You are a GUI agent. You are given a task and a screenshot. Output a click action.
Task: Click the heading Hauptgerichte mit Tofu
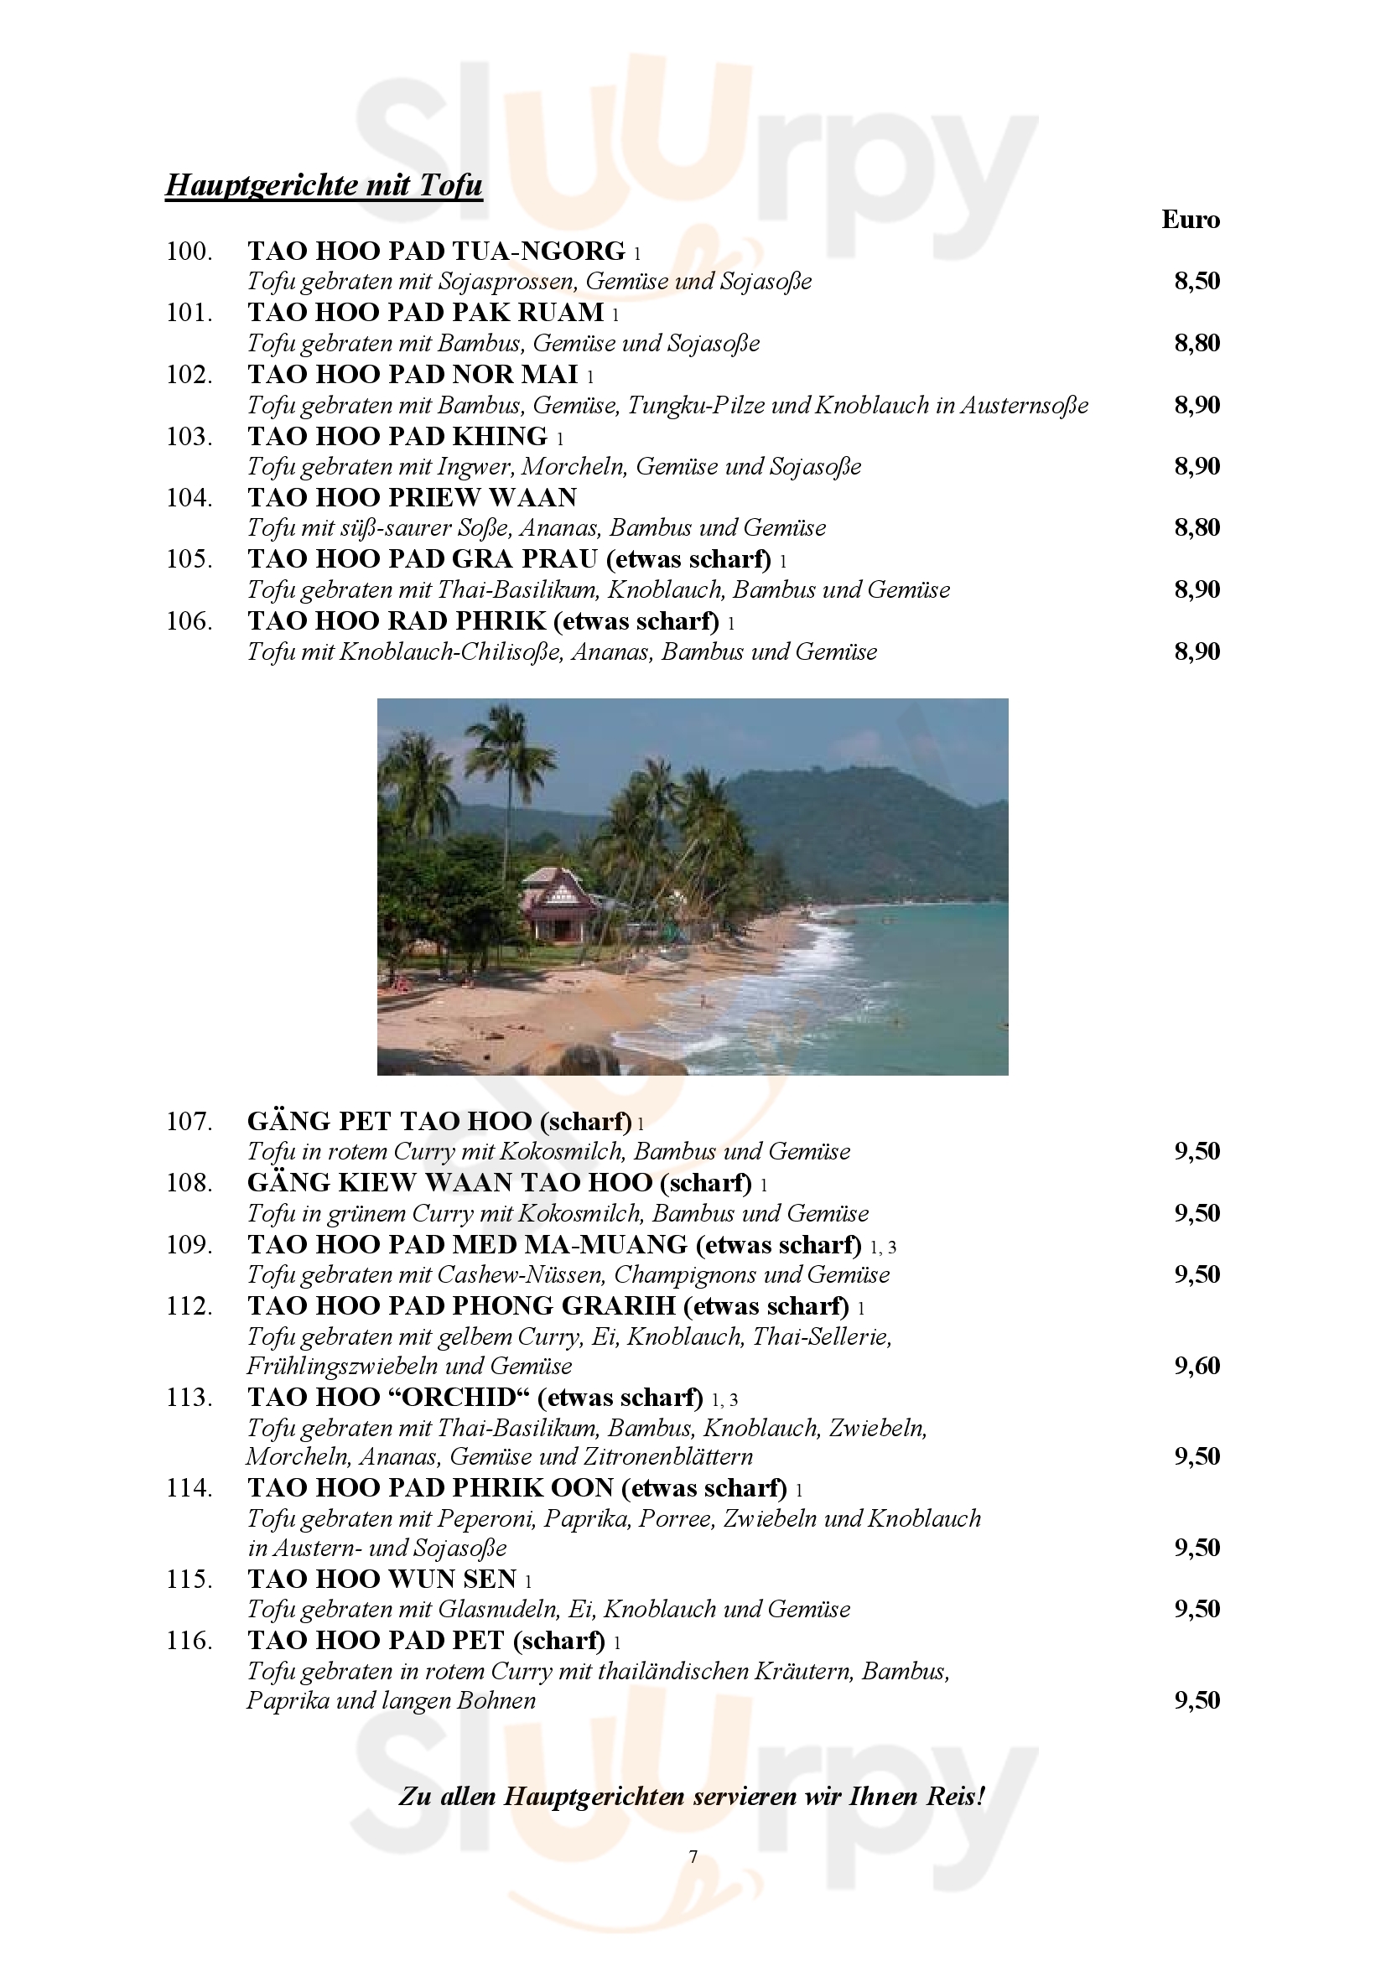click(324, 185)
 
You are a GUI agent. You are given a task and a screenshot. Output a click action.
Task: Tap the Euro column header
click(1190, 220)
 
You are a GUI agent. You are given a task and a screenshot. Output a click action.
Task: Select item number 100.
click(189, 252)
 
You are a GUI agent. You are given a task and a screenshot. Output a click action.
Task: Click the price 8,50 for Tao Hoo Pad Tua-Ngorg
click(1197, 281)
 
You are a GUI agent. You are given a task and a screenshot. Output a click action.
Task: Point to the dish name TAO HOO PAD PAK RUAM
click(425, 313)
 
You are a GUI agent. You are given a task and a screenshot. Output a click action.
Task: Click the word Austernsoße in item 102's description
click(1024, 405)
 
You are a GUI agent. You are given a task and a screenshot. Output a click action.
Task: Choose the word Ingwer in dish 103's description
click(475, 466)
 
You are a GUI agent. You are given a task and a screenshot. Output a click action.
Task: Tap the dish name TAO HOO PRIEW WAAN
click(412, 497)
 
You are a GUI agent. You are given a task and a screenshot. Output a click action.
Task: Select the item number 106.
click(189, 621)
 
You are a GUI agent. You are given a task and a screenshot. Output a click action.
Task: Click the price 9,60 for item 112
click(1197, 1366)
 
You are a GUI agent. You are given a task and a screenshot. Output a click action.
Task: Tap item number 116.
click(189, 1641)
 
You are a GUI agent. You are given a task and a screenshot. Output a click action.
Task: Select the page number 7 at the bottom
click(693, 1856)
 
